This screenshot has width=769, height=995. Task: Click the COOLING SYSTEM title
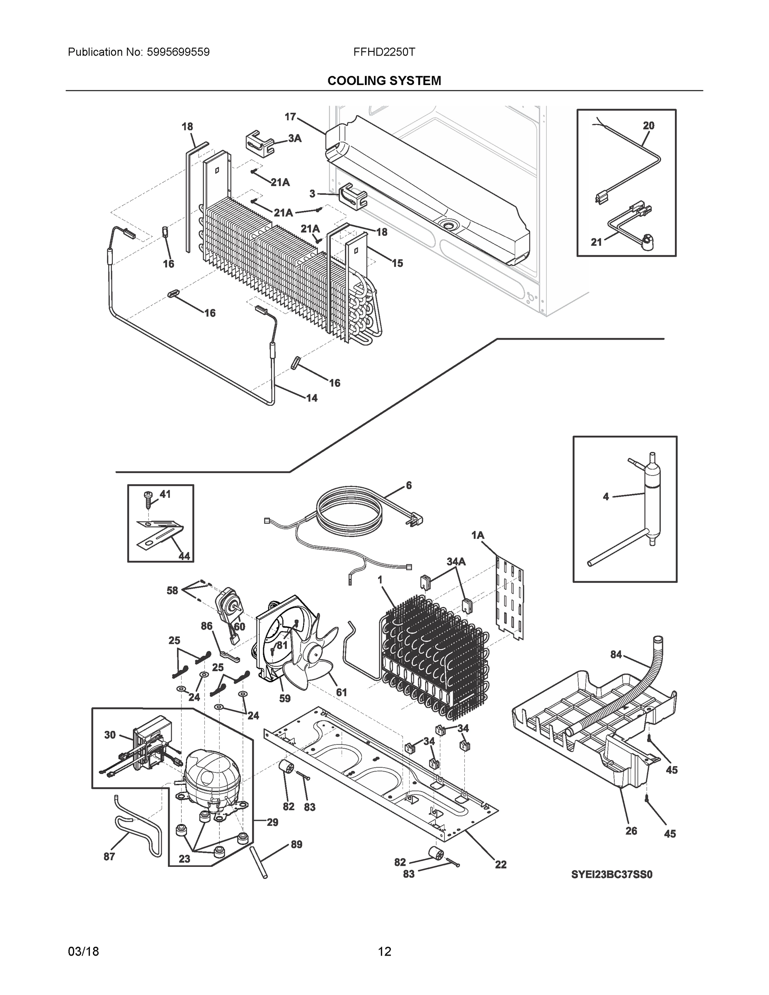pos(384,81)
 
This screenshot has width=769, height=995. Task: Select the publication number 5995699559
pos(178,52)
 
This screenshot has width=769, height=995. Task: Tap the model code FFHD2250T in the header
pos(383,52)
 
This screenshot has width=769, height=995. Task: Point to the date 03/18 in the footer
pos(83,951)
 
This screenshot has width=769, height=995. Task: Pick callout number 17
pos(290,117)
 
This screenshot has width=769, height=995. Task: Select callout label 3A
pos(295,138)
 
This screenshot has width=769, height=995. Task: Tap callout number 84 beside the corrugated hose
pos(616,655)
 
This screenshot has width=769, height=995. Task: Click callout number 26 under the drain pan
pos(631,830)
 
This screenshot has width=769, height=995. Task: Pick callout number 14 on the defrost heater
pos(312,398)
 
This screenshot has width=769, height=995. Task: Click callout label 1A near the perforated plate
pos(478,535)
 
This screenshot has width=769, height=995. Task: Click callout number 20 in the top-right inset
pos(648,125)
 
